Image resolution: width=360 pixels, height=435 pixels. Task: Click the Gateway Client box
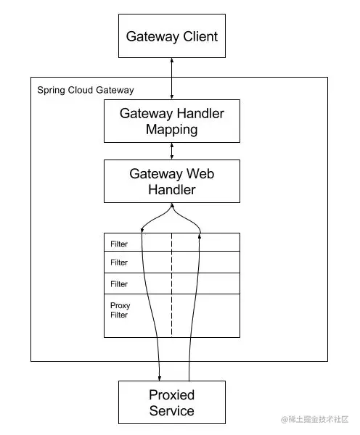(x=172, y=36)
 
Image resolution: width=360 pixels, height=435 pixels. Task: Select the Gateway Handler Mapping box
(x=172, y=121)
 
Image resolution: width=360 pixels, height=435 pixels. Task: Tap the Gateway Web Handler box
(x=172, y=181)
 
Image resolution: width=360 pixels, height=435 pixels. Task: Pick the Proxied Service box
(x=172, y=402)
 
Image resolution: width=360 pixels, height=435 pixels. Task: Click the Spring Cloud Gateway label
(x=86, y=91)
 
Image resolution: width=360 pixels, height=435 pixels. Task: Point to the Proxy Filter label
(x=120, y=310)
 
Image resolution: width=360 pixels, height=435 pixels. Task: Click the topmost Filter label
(x=119, y=244)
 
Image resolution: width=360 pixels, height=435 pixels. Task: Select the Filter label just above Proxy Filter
(x=119, y=284)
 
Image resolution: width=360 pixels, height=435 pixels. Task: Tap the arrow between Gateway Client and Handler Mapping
(x=172, y=78)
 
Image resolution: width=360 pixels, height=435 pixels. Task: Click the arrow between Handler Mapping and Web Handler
(x=172, y=152)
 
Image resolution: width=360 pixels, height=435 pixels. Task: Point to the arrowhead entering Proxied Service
(x=160, y=378)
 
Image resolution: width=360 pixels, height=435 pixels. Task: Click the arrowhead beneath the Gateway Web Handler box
(x=172, y=205)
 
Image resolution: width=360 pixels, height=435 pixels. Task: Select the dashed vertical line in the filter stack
(x=172, y=285)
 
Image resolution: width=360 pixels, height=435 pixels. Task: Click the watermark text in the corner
(x=314, y=419)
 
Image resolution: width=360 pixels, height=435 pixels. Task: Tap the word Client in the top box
(x=200, y=37)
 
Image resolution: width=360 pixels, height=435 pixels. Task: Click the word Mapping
(x=172, y=130)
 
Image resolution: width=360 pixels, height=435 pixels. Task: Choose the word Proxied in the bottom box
(x=172, y=395)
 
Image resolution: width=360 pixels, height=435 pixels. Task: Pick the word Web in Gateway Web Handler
(x=200, y=174)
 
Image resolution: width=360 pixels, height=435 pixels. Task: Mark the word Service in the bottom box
(x=172, y=411)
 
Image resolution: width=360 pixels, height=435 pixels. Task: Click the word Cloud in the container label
(x=81, y=90)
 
